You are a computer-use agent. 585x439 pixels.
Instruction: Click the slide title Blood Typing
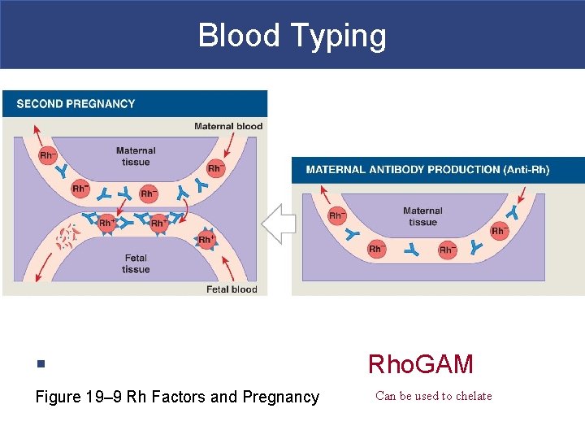pyautogui.click(x=292, y=36)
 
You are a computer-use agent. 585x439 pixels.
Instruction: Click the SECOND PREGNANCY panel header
pyautogui.click(x=76, y=104)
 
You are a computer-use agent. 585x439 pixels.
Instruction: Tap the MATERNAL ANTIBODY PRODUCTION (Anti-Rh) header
pyautogui.click(x=427, y=170)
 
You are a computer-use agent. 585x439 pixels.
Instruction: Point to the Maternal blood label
pyautogui.click(x=228, y=126)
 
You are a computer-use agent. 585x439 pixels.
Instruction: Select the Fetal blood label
pyautogui.click(x=232, y=289)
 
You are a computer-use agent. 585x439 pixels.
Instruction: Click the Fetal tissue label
pyautogui.click(x=136, y=263)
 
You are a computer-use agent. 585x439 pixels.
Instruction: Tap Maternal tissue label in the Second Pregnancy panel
pyautogui.click(x=136, y=156)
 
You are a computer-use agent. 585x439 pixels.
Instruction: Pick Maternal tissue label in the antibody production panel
pyautogui.click(x=422, y=216)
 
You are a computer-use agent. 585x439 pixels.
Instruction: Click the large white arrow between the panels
pyautogui.click(x=278, y=224)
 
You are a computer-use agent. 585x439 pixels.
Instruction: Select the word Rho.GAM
pyautogui.click(x=420, y=364)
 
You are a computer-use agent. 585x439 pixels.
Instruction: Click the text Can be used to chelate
pyautogui.click(x=434, y=397)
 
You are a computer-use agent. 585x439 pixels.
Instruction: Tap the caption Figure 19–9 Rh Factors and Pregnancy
pyautogui.click(x=177, y=397)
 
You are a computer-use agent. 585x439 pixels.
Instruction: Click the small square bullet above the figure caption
pyautogui.click(x=40, y=364)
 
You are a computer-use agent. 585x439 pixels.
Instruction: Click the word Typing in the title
pyautogui.click(x=342, y=36)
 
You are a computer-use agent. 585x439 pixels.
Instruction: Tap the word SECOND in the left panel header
pyautogui.click(x=37, y=104)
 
